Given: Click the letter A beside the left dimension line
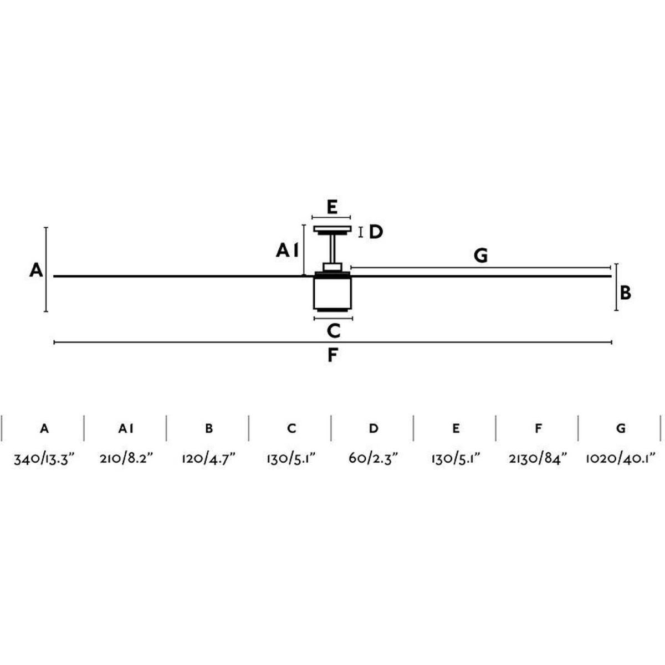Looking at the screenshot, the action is (x=36, y=270).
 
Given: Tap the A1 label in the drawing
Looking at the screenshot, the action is (x=287, y=251).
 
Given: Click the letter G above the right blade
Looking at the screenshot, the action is (x=480, y=255).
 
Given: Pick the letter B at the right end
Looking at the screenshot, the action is (x=625, y=293).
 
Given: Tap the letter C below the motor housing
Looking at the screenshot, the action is (x=334, y=331).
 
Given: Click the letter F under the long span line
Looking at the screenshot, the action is (x=332, y=355).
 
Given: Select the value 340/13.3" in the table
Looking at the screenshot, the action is (x=44, y=459).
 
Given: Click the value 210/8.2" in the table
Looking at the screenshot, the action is (x=126, y=459).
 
